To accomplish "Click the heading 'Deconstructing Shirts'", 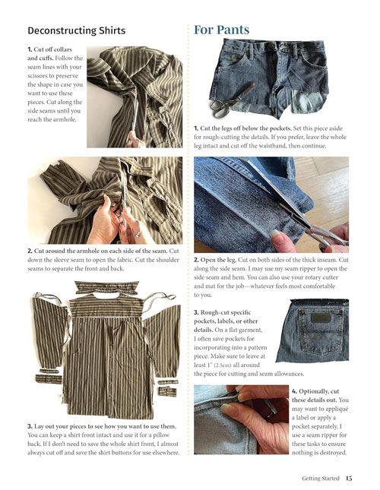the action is [77, 30].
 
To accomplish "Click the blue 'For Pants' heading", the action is [222, 30].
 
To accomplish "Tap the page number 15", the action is [349, 478].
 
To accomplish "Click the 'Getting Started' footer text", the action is [320, 478].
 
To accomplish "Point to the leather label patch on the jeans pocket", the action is [321, 319].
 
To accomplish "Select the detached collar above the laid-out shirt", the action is [107, 287].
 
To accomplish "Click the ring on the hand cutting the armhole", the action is [136, 232].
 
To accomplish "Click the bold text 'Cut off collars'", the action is [52, 49].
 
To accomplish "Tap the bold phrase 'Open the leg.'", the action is [218, 260].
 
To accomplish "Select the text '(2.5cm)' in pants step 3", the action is [222, 365].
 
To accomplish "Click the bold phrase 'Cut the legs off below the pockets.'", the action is [246, 128].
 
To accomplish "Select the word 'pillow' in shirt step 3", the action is [162, 435].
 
